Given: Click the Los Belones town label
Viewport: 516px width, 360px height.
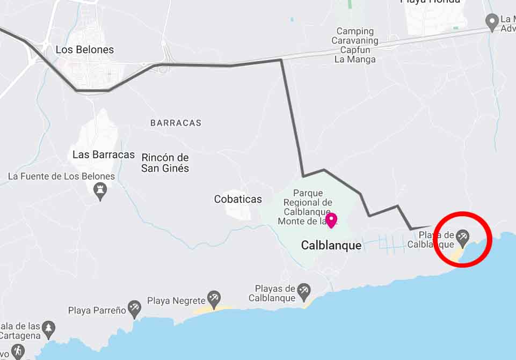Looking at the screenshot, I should point(85,50).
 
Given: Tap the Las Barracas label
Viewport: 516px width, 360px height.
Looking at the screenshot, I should point(104,155).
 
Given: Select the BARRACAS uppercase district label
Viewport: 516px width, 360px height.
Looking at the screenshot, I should point(176,123).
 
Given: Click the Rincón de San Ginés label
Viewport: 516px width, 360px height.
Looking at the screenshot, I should point(165,163).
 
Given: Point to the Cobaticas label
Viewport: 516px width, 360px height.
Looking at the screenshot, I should point(238,199).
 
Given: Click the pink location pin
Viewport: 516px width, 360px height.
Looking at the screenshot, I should point(331,220).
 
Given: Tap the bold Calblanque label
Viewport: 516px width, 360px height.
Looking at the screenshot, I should point(331,245).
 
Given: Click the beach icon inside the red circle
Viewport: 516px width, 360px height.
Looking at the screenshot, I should point(462,236).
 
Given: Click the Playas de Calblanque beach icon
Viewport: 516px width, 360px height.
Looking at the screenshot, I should point(304,291).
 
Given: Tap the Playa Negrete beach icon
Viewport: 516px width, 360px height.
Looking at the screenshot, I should point(214,298).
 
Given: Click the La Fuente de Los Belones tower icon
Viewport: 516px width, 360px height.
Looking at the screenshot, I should point(100,189).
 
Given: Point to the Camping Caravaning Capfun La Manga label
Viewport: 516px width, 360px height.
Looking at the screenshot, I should point(355,45).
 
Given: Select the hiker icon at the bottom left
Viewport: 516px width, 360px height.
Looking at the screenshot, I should point(18,351).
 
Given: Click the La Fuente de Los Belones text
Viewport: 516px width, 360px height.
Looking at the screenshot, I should point(61,176).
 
